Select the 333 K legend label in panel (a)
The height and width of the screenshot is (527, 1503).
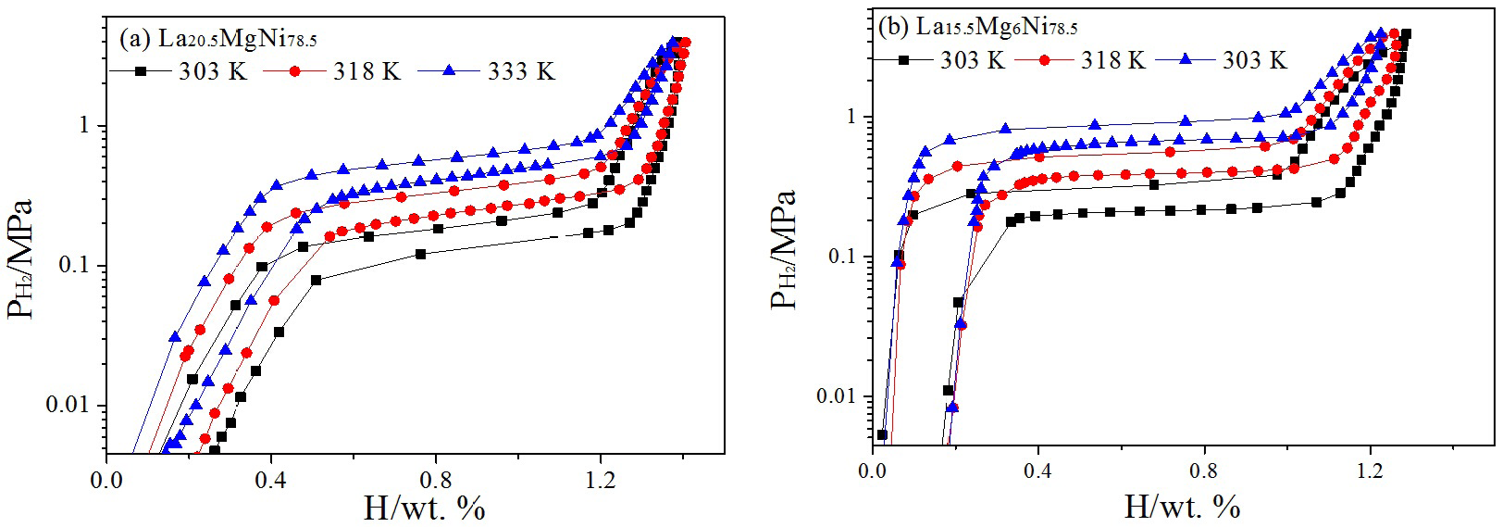click(521, 71)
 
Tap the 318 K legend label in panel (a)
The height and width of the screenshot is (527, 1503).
click(366, 71)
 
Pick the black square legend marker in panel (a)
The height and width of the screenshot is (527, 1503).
click(141, 70)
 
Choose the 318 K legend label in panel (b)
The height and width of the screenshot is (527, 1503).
click(1113, 60)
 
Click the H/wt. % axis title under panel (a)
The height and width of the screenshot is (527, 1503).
click(425, 508)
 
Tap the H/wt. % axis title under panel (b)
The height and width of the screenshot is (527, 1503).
click(1182, 506)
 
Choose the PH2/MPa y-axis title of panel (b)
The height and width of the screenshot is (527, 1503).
click(785, 250)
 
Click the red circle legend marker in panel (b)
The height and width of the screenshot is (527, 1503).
click(1045, 59)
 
